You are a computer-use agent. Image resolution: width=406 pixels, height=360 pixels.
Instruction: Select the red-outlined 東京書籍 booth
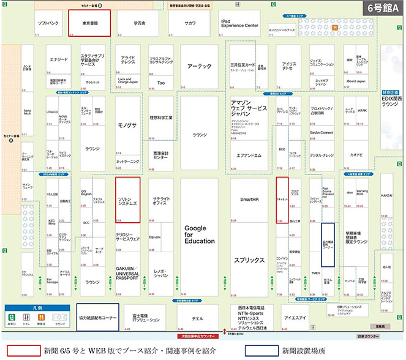tap(90, 24)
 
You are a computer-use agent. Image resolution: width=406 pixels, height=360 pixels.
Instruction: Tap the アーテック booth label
tap(199, 66)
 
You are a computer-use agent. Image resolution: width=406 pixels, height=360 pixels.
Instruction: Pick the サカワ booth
tap(190, 23)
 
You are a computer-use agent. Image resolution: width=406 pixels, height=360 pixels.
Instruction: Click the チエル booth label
tap(197, 318)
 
